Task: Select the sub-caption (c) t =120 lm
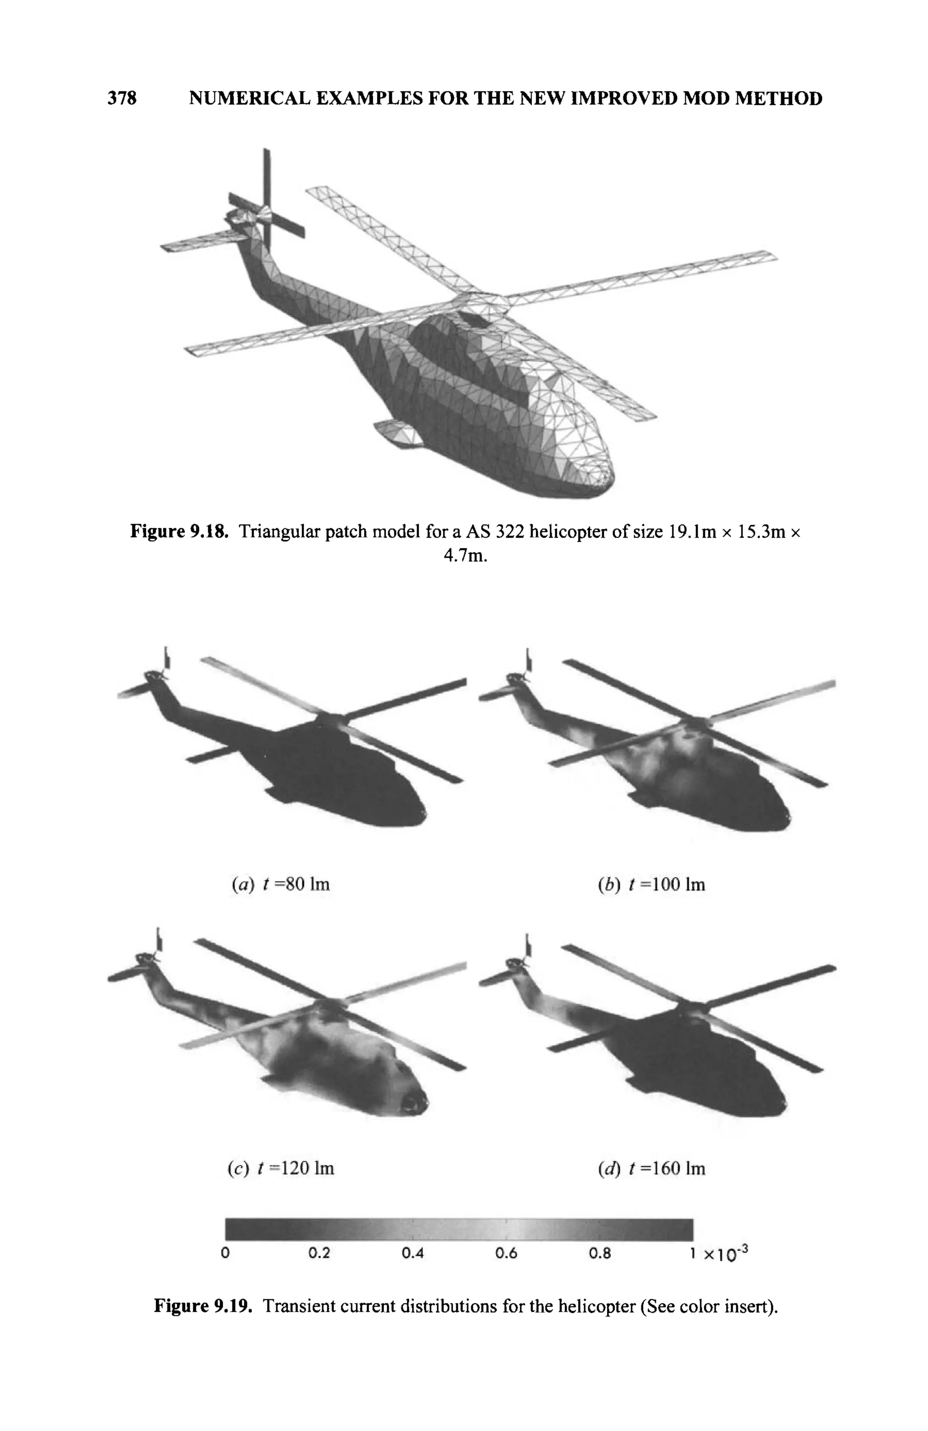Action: (x=280, y=1168)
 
